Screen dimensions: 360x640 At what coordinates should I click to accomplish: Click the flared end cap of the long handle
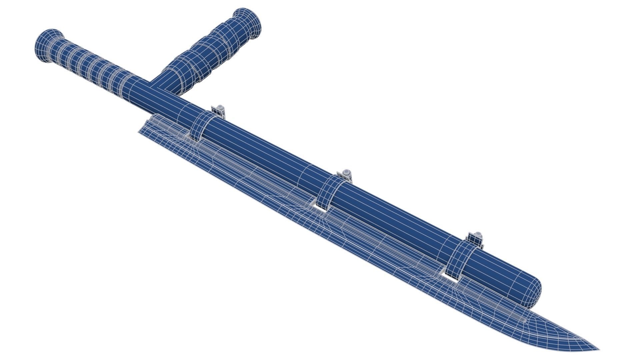tap(47, 46)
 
